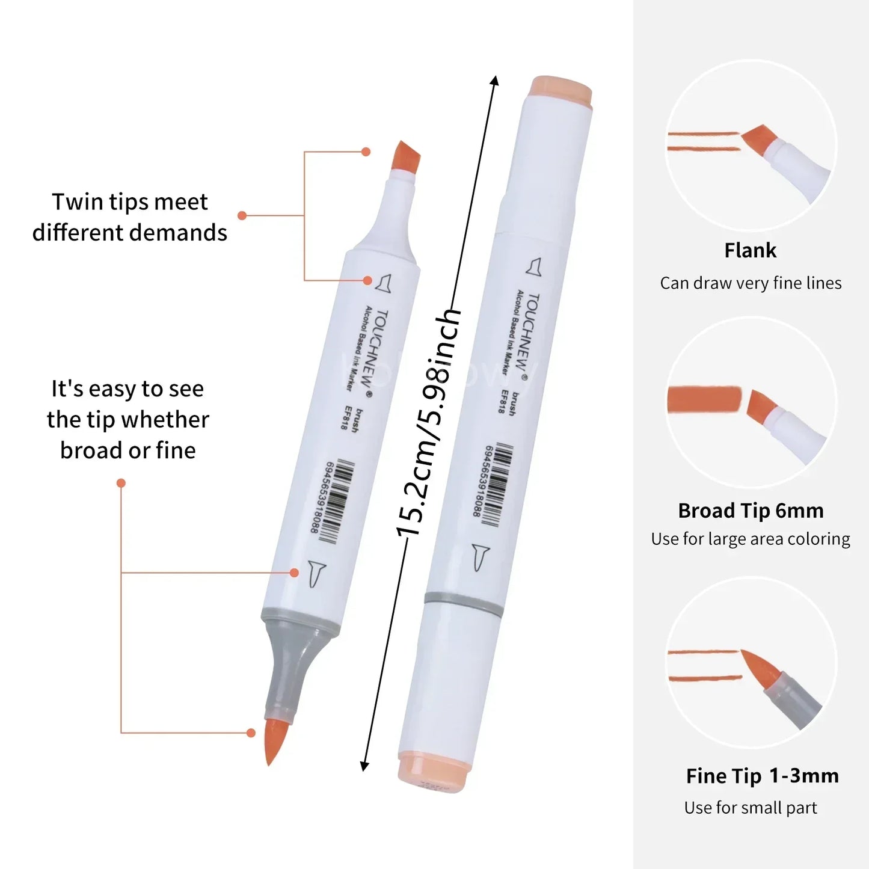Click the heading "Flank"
750,250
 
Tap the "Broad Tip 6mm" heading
751,511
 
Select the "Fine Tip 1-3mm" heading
762,776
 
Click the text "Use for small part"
751,808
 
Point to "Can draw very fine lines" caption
751,283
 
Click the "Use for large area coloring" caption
751,539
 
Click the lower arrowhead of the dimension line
364,765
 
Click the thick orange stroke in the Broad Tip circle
704,399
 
